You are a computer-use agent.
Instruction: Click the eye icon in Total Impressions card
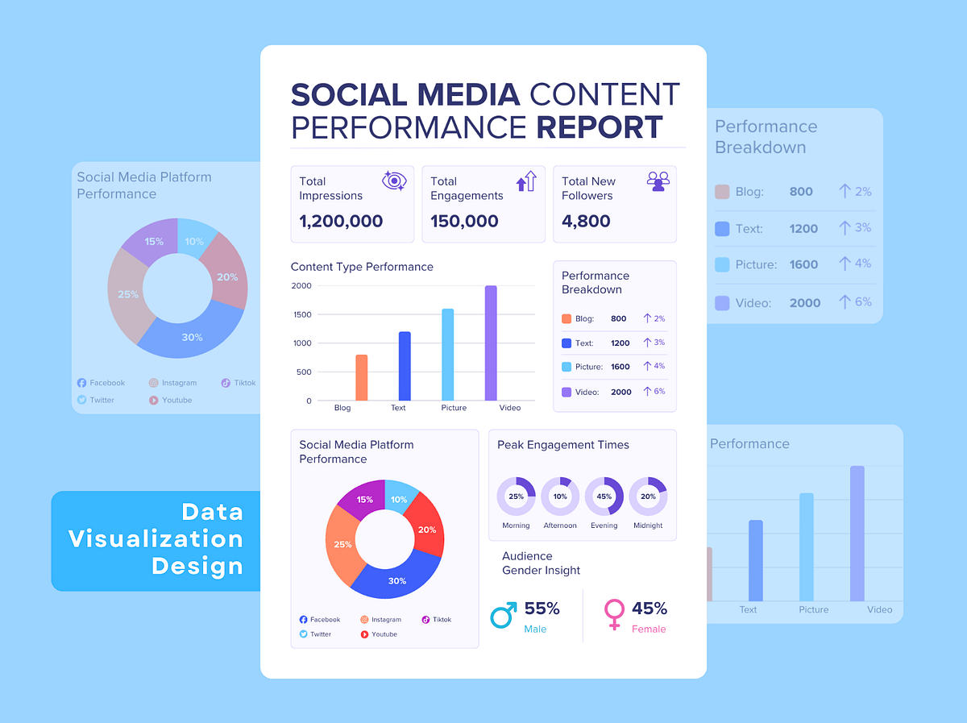394,181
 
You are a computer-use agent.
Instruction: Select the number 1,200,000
341,221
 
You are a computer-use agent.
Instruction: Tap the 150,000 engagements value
464,221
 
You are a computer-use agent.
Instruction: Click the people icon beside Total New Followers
658,181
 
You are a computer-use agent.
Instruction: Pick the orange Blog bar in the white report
361,378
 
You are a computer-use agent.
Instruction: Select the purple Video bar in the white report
491,343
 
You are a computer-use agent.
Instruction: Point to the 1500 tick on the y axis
301,314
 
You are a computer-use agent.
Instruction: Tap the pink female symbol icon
614,614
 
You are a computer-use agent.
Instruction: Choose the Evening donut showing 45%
604,497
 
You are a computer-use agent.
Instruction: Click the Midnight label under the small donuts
648,526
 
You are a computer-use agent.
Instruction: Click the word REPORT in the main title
600,127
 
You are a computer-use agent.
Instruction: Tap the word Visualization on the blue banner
156,538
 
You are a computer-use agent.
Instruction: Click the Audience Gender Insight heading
541,563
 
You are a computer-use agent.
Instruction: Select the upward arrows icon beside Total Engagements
526,181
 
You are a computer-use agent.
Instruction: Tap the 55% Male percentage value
542,609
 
